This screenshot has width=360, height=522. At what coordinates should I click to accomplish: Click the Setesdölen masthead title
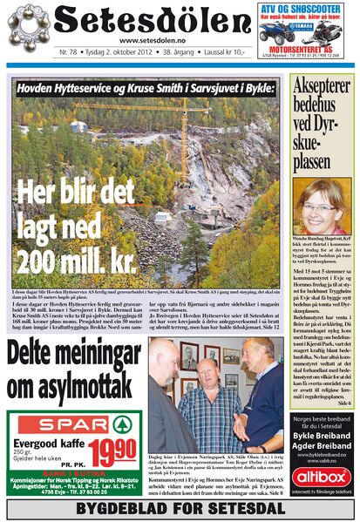pos(152,21)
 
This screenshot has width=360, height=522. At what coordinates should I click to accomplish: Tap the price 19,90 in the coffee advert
pos(110,451)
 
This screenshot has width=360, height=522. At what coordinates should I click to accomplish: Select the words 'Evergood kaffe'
pos(44,442)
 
